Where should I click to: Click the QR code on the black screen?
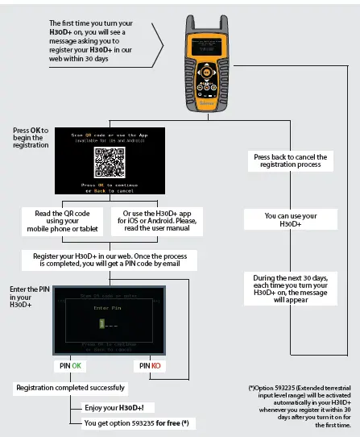click(110, 162)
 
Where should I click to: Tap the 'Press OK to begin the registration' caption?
click(31, 138)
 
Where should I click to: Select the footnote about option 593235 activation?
click(299, 403)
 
